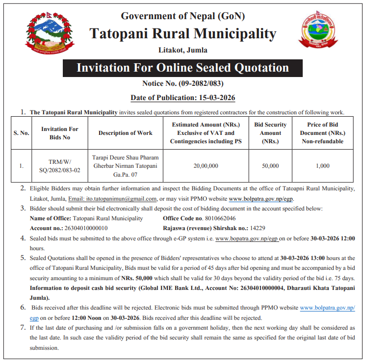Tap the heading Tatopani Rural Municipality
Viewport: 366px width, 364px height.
click(x=183, y=33)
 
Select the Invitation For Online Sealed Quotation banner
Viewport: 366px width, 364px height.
click(x=183, y=68)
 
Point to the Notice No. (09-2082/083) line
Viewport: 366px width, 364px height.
click(x=183, y=83)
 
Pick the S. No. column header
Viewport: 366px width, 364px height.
click(x=22, y=133)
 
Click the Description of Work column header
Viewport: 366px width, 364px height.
click(x=125, y=133)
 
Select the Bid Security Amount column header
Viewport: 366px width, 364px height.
click(x=270, y=133)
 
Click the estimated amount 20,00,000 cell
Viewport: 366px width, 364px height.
click(x=206, y=166)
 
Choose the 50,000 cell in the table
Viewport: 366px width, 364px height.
click(x=270, y=166)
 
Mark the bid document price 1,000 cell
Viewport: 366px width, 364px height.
click(x=322, y=166)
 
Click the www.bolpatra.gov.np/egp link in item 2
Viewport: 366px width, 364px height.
click(x=261, y=199)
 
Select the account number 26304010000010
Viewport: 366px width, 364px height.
click(x=85, y=228)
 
